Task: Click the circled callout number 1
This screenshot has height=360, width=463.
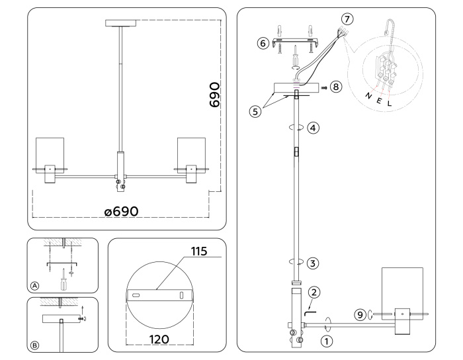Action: pos(326,342)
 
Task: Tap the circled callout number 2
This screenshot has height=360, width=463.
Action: pos(314,291)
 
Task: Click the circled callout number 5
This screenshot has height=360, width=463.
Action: pos(255,111)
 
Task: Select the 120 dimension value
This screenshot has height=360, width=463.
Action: pos(159,339)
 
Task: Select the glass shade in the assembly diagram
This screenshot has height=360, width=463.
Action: pos(402,288)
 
